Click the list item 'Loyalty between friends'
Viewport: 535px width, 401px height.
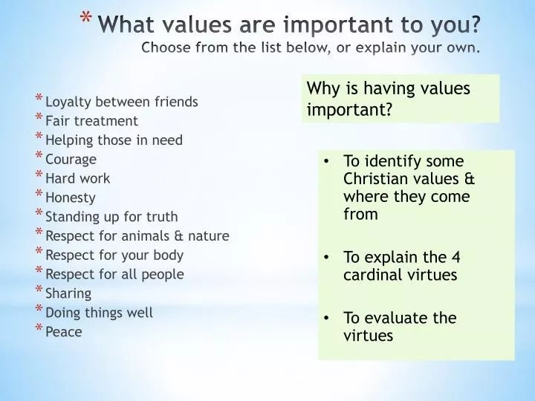click(x=121, y=102)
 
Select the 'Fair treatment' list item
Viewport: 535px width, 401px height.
click(x=91, y=120)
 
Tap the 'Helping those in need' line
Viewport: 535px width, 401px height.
click(x=114, y=140)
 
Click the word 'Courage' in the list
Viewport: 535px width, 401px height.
click(x=71, y=159)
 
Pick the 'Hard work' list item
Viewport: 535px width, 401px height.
click(x=77, y=178)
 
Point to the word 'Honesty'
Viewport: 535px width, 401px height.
click(x=71, y=198)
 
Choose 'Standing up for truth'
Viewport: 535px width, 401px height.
click(x=111, y=217)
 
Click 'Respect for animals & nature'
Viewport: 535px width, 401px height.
click(x=137, y=236)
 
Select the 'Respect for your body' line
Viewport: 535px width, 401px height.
click(x=114, y=255)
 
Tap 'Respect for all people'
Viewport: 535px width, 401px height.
click(x=114, y=274)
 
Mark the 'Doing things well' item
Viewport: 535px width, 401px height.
click(x=99, y=313)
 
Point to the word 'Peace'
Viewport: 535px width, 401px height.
click(x=63, y=332)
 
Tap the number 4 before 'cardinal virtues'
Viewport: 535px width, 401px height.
click(x=456, y=258)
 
